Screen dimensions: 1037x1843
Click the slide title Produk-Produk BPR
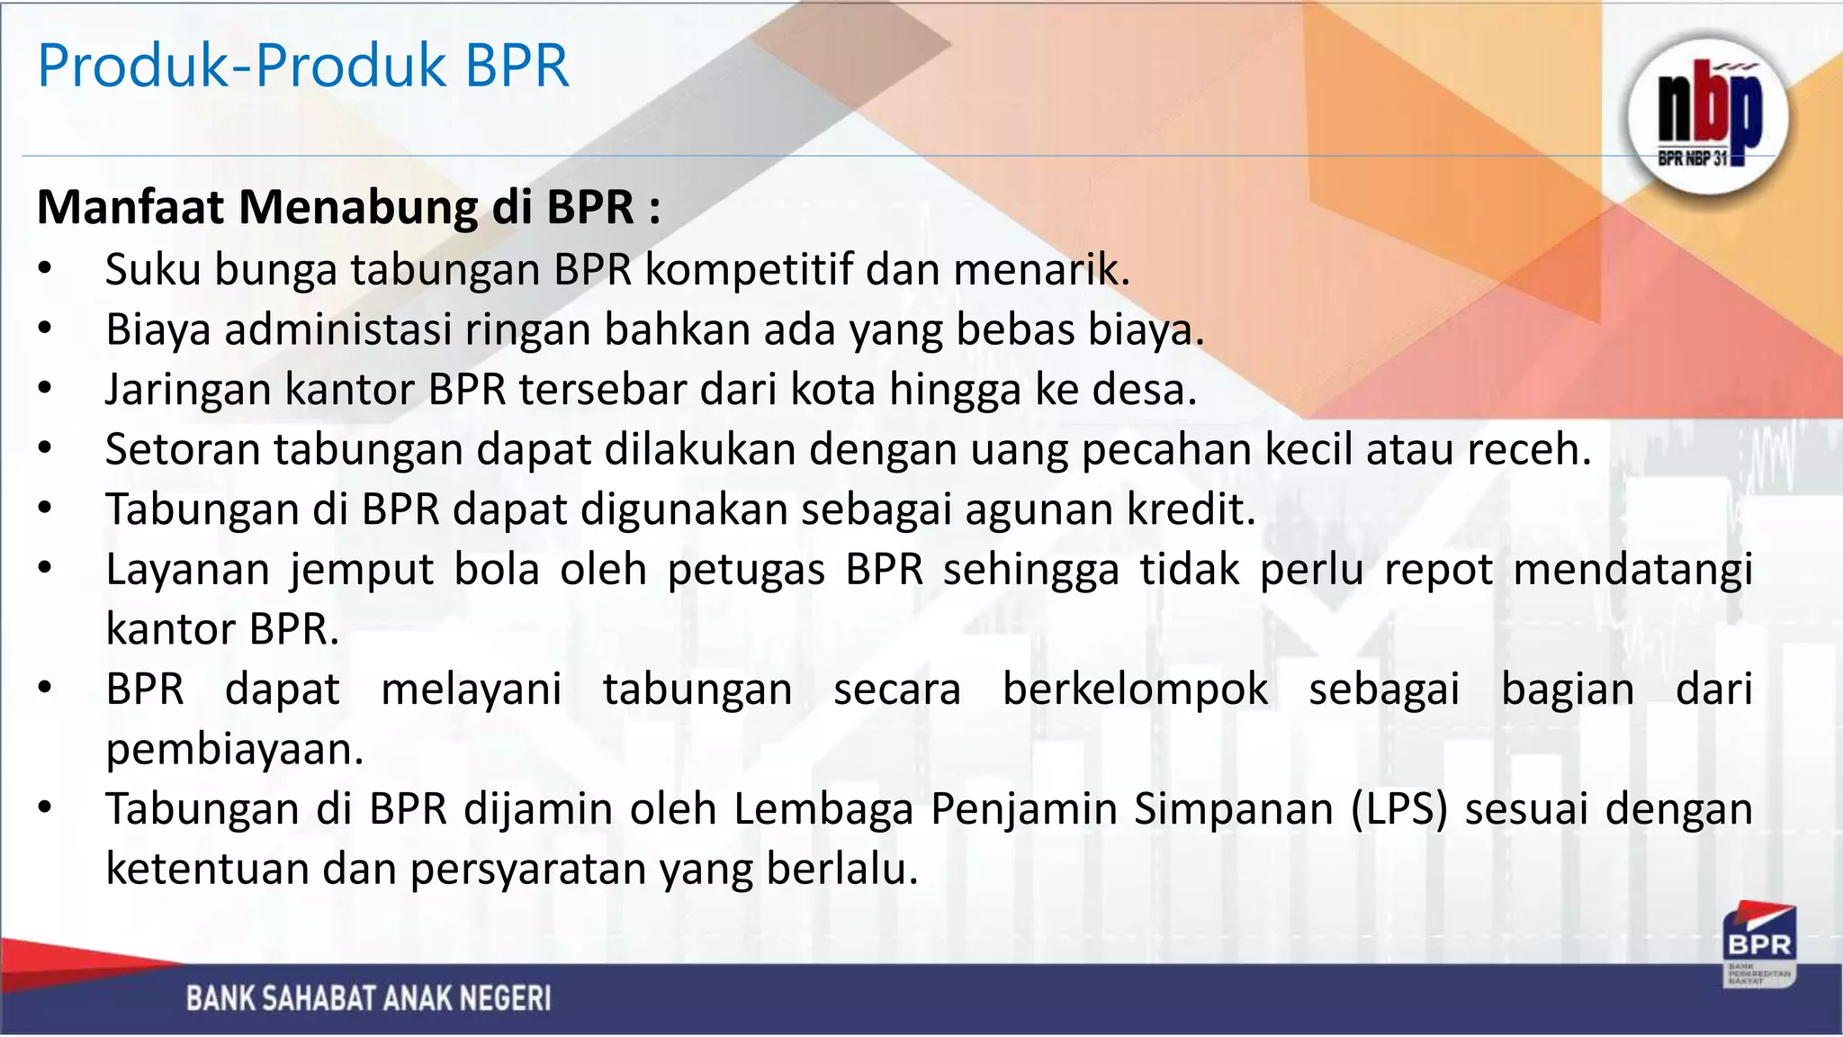click(x=303, y=66)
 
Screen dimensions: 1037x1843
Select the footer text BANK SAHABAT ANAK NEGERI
click(x=368, y=998)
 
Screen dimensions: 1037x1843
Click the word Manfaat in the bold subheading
click(x=130, y=207)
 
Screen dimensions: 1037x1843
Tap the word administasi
click(x=338, y=329)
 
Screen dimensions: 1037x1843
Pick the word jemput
click(x=362, y=570)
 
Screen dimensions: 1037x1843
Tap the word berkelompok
click(x=1135, y=690)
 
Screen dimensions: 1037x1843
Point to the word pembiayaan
click(x=234, y=749)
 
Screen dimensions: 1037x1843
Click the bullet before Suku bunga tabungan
click(x=46, y=270)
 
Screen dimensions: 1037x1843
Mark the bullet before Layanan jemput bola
click(x=46, y=570)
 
